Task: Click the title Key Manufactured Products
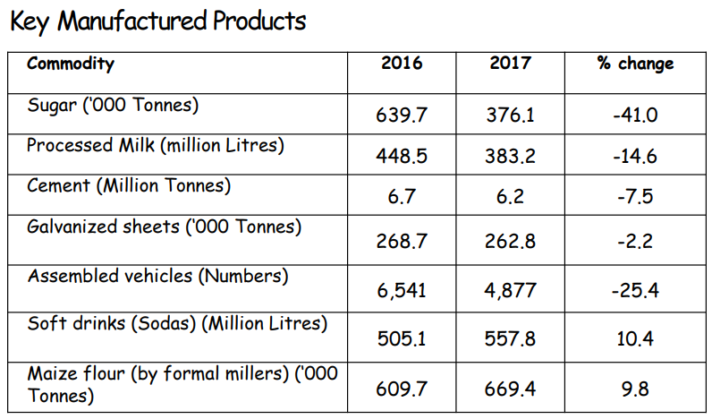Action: click(x=158, y=21)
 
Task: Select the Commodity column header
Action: click(x=71, y=64)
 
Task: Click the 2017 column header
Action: click(x=510, y=64)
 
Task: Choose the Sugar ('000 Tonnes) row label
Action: click(x=113, y=105)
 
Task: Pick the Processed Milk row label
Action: click(x=155, y=145)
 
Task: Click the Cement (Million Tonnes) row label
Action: click(x=129, y=185)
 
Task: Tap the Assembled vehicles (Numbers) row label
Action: click(x=157, y=276)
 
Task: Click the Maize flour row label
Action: click(x=182, y=381)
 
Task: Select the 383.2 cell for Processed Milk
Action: click(x=510, y=156)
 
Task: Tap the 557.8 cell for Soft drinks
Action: click(x=510, y=339)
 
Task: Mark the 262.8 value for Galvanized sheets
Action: click(x=510, y=239)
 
